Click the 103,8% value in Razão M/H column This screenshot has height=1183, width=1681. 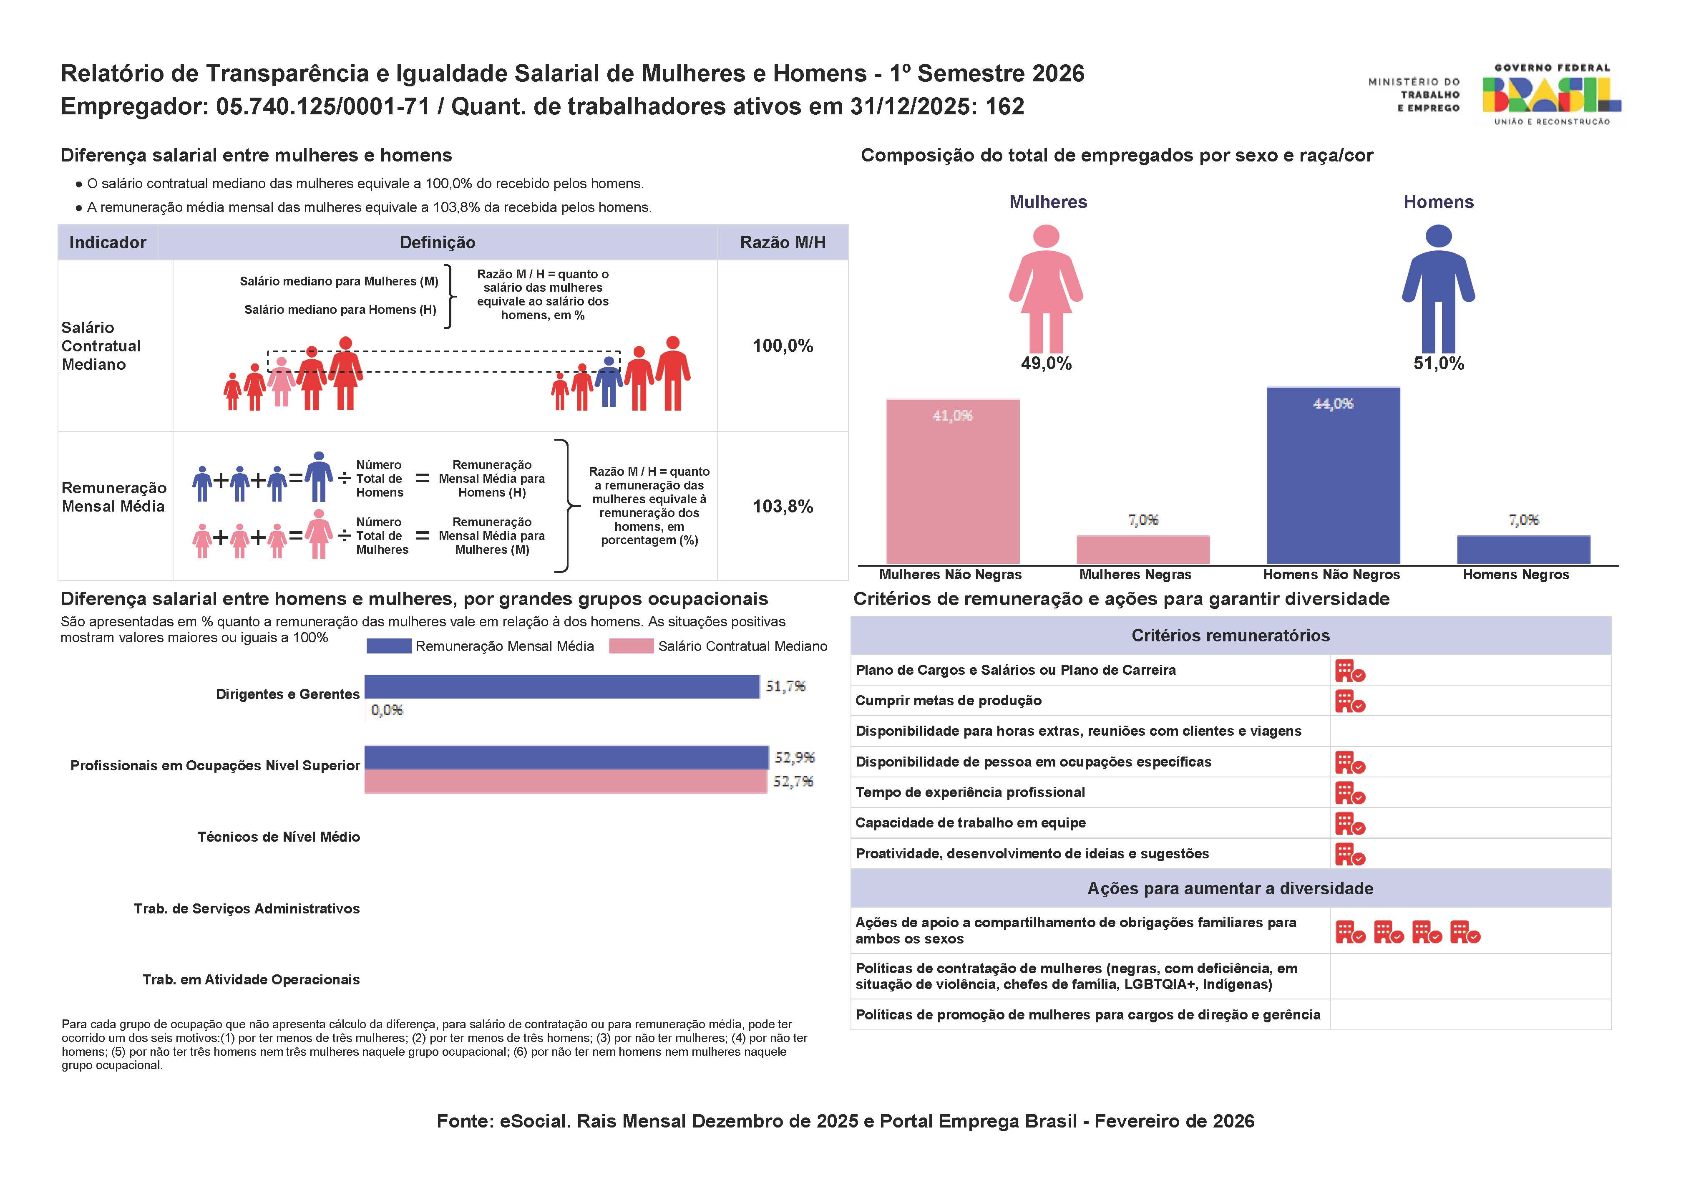click(783, 506)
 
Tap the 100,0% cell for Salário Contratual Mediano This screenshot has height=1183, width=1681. click(783, 346)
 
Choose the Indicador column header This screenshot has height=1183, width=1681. click(108, 242)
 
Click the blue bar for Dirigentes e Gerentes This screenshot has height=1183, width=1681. click(561, 686)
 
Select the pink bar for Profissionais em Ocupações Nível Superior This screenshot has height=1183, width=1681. click(565, 782)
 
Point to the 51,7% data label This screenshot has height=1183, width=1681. click(785, 686)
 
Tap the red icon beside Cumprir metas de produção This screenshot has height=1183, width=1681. click(1349, 702)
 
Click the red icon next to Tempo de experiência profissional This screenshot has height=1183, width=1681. click(1349, 793)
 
